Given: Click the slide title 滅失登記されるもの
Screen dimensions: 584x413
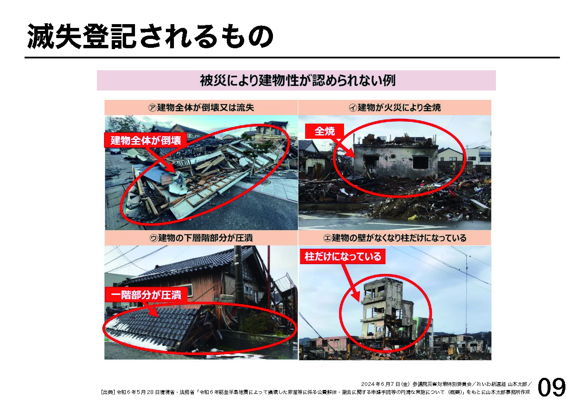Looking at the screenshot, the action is tap(150, 36).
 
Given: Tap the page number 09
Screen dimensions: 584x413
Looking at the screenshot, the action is tap(551, 388).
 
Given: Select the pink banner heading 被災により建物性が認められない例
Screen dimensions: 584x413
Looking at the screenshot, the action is tap(298, 80).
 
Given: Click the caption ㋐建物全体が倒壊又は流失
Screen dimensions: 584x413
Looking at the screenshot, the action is tap(201, 107).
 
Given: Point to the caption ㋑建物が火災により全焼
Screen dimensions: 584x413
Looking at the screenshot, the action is tap(395, 107).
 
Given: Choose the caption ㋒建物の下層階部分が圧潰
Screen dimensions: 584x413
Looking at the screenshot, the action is tap(201, 238).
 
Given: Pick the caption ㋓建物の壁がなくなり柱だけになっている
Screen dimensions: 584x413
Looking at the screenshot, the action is tap(395, 238).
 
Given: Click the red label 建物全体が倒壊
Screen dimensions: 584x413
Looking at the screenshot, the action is tap(146, 140).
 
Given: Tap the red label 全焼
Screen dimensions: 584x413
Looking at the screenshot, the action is tap(324, 131).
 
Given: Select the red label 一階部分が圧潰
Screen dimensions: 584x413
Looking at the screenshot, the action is tap(146, 295).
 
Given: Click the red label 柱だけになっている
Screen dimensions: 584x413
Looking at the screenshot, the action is tap(343, 256).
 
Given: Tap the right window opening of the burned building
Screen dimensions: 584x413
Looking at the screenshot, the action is tap(421, 162).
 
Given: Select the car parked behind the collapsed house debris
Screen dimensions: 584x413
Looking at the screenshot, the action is tap(116, 151).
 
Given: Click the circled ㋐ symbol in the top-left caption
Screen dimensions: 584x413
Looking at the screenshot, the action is tap(152, 107).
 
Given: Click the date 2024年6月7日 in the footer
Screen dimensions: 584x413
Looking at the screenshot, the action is tap(380, 384).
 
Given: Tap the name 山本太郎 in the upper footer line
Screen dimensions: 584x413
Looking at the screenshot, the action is tap(516, 384).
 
